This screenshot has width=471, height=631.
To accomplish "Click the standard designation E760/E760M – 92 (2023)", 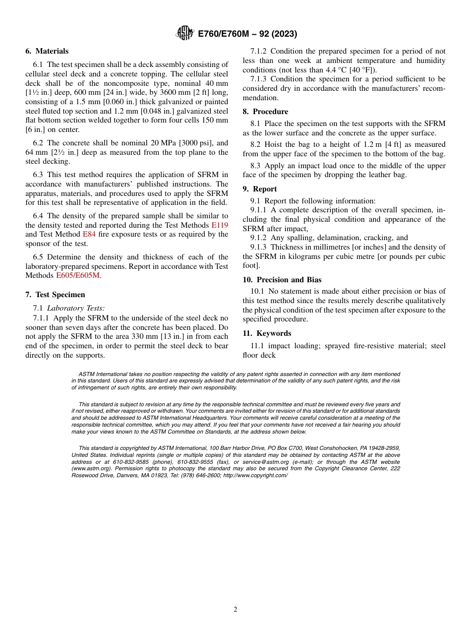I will point(247,34).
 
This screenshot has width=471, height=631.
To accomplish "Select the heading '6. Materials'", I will point(47,51).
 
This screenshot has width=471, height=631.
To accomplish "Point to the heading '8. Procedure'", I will point(265,112).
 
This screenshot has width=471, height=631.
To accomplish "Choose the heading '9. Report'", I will point(260,189).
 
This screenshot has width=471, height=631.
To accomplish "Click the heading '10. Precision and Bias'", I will point(282,280).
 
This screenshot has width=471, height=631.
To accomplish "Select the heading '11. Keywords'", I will point(267,333).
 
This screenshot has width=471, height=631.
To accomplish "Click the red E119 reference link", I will point(220,225).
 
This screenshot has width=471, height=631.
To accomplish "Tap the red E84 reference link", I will point(89,234).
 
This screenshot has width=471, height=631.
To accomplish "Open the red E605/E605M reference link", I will point(78,275).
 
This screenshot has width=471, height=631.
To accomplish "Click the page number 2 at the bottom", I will point(235,610).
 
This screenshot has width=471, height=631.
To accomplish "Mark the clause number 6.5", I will point(39,257).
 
